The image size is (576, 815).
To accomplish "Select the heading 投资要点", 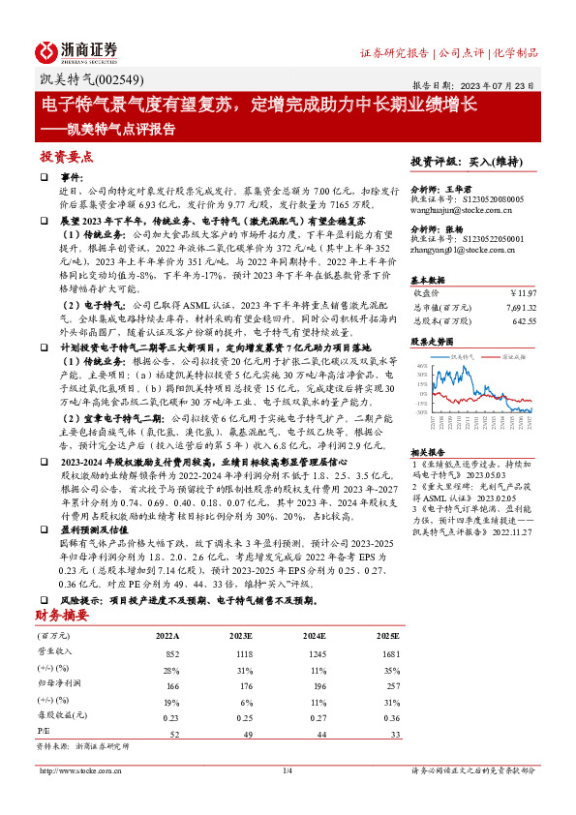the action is [x=66, y=156].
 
